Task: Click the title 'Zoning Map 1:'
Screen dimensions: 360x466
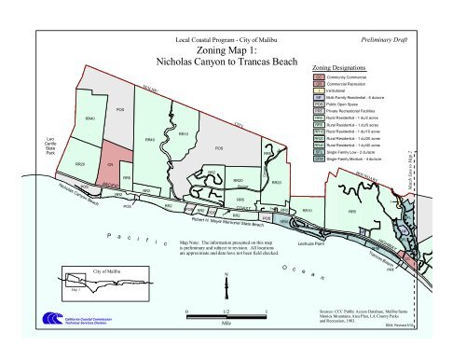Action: [x=226, y=52]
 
